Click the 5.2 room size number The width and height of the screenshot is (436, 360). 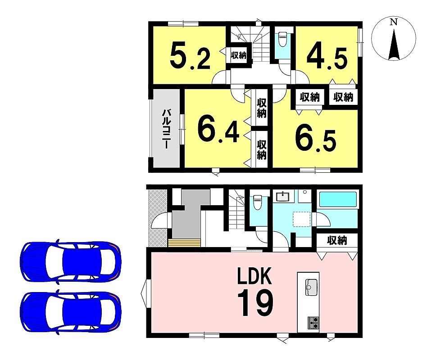pyautogui.click(x=190, y=57)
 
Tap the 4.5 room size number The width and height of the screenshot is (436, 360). pyautogui.click(x=327, y=58)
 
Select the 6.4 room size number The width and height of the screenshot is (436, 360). pyautogui.click(x=218, y=131)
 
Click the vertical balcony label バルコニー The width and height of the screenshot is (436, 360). pyautogui.click(x=167, y=129)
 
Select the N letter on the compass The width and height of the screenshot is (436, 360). pyautogui.click(x=393, y=22)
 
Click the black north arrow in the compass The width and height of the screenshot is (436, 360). pyautogui.click(x=394, y=44)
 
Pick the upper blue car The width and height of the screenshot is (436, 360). pyautogui.click(x=71, y=261)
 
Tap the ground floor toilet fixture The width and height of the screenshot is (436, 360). pyautogui.click(x=258, y=202)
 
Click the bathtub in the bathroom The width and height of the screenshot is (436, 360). pyautogui.click(x=338, y=199)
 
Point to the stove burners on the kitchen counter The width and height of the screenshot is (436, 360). pyautogui.click(x=313, y=323)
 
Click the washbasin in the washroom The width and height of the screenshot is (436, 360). pyautogui.click(x=283, y=197)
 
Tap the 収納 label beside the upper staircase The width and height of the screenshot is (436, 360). pyautogui.click(x=239, y=55)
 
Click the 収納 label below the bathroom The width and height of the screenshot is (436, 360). pyautogui.click(x=337, y=240)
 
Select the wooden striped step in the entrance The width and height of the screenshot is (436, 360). pyautogui.click(x=184, y=242)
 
